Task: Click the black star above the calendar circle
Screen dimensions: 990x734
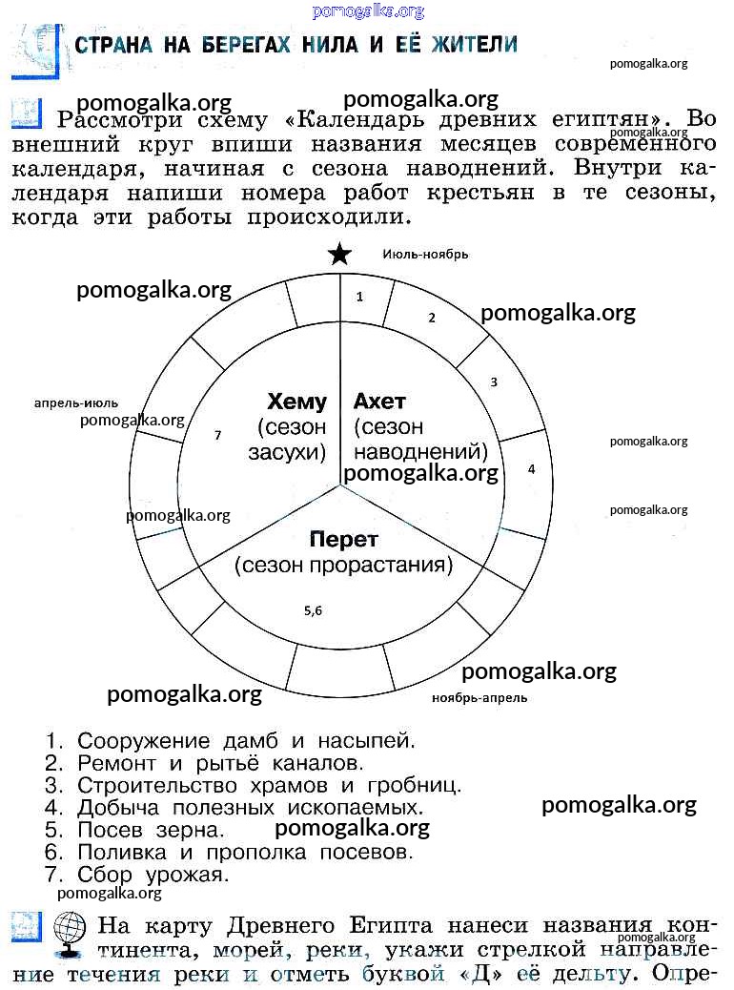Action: click(x=339, y=255)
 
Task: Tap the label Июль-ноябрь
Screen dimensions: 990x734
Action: click(x=425, y=254)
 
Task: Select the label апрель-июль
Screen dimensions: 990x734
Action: click(x=76, y=402)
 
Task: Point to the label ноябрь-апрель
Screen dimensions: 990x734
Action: click(x=479, y=697)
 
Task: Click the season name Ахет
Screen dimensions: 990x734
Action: click(x=379, y=402)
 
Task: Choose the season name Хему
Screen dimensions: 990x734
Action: click(x=296, y=402)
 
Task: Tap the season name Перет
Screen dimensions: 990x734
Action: click(x=343, y=539)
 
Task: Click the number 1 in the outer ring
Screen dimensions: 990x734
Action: click(x=359, y=297)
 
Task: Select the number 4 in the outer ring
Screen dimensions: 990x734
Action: click(x=531, y=469)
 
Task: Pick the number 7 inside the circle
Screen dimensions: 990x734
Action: click(x=217, y=435)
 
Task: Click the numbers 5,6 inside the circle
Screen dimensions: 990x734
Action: click(x=314, y=611)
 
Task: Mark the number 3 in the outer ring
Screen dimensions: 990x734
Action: click(x=494, y=382)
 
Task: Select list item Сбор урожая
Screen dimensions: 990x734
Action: click(x=153, y=874)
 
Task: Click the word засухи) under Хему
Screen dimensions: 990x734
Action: click(x=287, y=453)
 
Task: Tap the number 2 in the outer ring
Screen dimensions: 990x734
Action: click(x=431, y=318)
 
